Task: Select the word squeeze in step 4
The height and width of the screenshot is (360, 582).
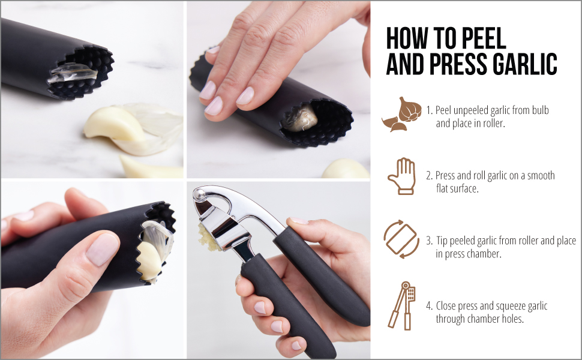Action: pyautogui.click(x=497, y=306)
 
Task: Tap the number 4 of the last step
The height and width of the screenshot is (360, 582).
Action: pyautogui.click(x=429, y=306)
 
